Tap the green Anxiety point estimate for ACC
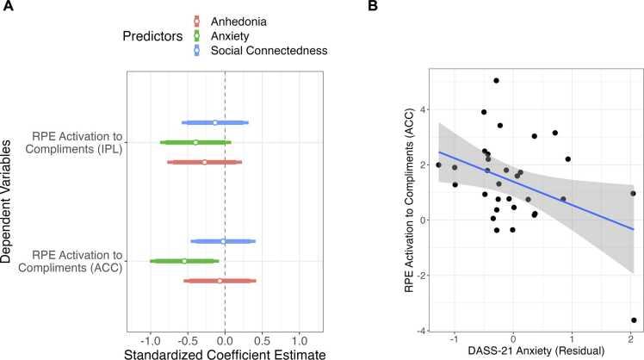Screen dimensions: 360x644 point(184,261)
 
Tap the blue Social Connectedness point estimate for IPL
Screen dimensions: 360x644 point(215,122)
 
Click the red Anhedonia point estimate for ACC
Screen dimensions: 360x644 point(220,281)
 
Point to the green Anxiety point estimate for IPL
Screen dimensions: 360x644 point(195,142)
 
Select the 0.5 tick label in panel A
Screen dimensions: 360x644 point(262,334)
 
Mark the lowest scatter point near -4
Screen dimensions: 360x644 point(634,320)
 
